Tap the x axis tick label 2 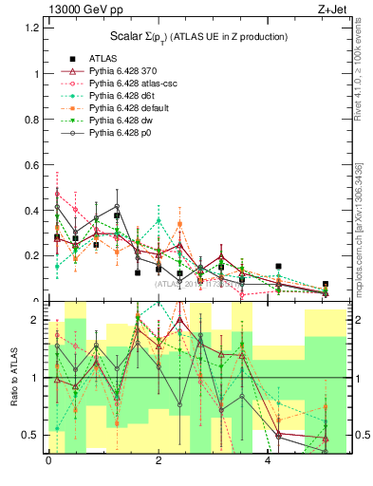coord(158,461)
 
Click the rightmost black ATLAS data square coord(326,284)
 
